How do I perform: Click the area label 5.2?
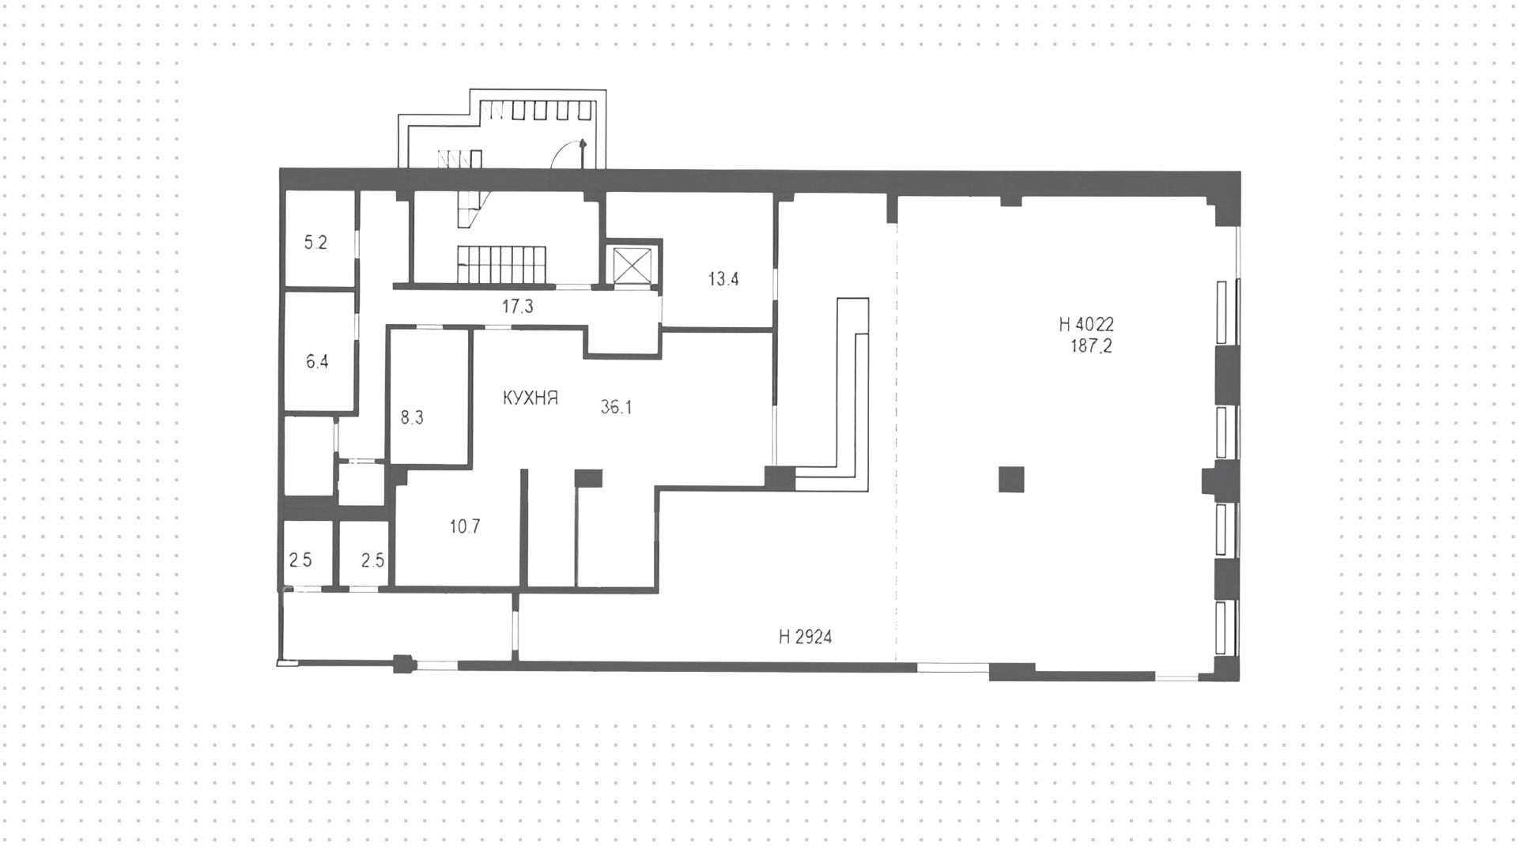[x=315, y=243]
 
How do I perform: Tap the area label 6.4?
[x=317, y=362]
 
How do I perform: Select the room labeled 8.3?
[x=412, y=417]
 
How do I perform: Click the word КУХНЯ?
[x=531, y=398]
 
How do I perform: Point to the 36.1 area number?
[x=616, y=408]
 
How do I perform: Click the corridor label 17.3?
[x=517, y=307]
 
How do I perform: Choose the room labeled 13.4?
[x=723, y=278]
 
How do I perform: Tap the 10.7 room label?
[x=465, y=526]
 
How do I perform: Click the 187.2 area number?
[x=1091, y=345]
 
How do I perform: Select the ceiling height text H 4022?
[x=1086, y=323]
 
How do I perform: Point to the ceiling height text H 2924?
[x=805, y=637]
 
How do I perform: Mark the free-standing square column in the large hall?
[x=1010, y=479]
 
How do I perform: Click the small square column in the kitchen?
[x=588, y=477]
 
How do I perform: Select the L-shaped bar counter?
[x=852, y=395]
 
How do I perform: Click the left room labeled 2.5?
[x=300, y=560]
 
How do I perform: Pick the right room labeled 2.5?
[x=372, y=560]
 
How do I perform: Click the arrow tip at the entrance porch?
[x=583, y=142]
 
